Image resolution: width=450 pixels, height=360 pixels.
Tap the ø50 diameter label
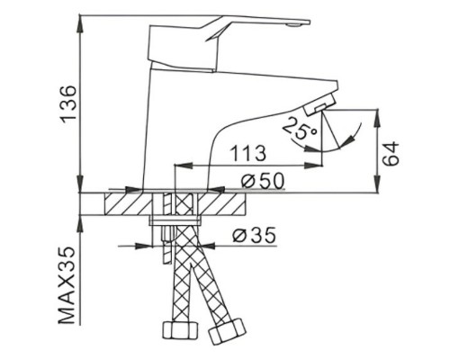261,180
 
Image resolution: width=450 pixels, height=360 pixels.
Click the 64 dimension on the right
392,153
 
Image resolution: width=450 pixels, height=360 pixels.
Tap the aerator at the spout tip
320,105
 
